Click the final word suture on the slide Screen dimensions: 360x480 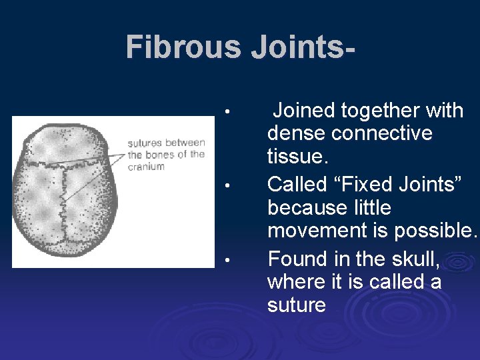click(297, 305)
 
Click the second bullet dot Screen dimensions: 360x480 click(227, 184)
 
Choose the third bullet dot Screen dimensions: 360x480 click(227, 259)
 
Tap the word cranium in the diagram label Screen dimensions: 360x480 click(146, 167)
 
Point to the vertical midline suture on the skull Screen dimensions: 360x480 click(64, 200)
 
